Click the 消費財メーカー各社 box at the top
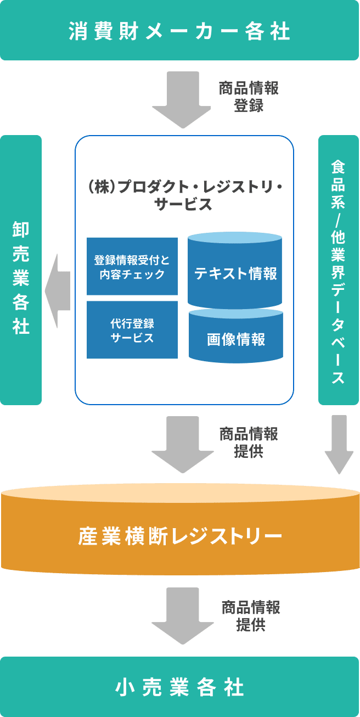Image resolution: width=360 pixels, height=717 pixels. [180, 31]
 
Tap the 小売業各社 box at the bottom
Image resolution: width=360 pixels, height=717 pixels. [180, 687]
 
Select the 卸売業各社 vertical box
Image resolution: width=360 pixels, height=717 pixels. [21, 270]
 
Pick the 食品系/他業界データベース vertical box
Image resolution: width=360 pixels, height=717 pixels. [339, 270]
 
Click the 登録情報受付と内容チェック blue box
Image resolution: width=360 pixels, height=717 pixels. [132, 266]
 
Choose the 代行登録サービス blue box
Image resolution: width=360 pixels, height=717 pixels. [132, 330]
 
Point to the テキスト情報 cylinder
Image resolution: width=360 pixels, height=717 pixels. [235, 272]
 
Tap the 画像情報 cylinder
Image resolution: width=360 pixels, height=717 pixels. [236, 338]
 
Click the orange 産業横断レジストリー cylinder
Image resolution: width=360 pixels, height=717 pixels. [180, 534]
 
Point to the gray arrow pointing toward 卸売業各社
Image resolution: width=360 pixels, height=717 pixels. [58, 291]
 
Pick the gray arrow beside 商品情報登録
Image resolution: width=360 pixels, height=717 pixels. [182, 99]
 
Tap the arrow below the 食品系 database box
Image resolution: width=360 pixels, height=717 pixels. [339, 444]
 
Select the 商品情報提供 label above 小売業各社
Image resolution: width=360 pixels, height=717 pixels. [251, 616]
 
